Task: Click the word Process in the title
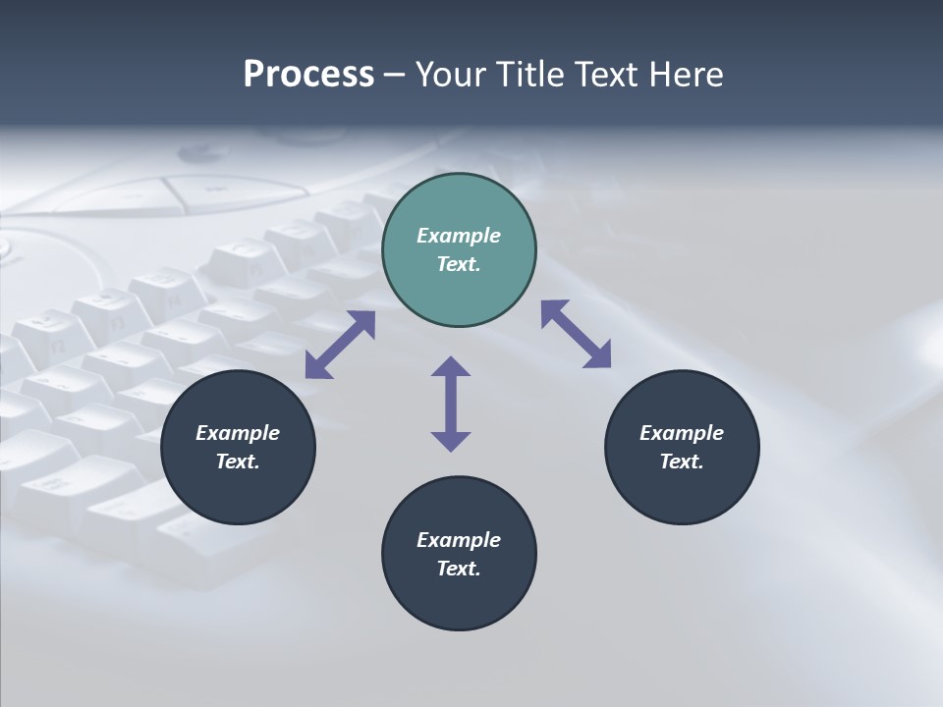(308, 75)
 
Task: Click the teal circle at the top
(459, 285)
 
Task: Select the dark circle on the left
(238, 491)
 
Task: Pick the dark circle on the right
(682, 491)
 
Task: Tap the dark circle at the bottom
(459, 599)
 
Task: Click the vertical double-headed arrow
(451, 404)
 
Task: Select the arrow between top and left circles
(340, 345)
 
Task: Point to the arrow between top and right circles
(577, 334)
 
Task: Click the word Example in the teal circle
(459, 236)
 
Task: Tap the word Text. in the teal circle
(459, 264)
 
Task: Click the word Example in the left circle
(238, 433)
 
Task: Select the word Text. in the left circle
(238, 462)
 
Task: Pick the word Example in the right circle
(682, 433)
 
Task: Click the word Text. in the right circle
(682, 462)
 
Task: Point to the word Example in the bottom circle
(459, 540)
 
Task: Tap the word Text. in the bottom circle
(459, 569)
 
